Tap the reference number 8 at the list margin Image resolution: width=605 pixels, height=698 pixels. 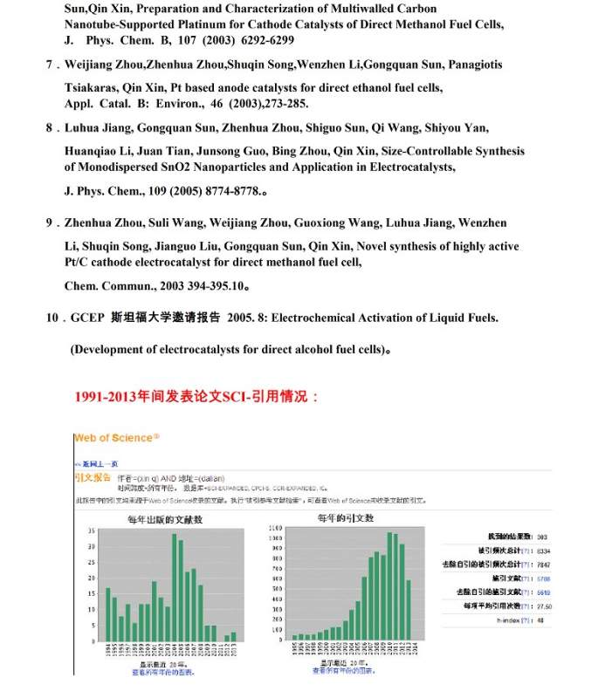coord(50,127)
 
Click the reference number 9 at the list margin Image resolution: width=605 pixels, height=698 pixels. coord(50,222)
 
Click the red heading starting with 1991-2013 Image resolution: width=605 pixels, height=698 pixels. coord(197,396)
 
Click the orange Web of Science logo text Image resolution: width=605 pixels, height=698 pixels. coord(117,437)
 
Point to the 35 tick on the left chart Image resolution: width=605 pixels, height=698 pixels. coord(91,531)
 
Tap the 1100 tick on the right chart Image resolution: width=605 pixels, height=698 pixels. coord(276,528)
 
